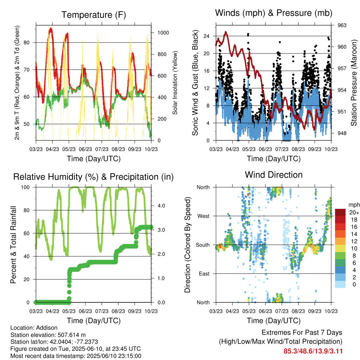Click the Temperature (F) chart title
pyautogui.click(x=94, y=15)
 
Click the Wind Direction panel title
pyautogui.click(x=274, y=175)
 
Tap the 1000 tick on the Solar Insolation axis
pyautogui.click(x=163, y=33)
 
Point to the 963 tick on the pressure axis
pyautogui.click(x=342, y=25)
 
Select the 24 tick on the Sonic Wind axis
pyautogui.click(x=206, y=36)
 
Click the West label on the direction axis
pyautogui.click(x=203, y=216)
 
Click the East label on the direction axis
pyautogui.click(x=204, y=274)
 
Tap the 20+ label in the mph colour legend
pyautogui.click(x=354, y=212)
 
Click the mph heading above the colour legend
pyautogui.click(x=354, y=205)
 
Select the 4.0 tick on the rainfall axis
pyautogui.click(x=161, y=206)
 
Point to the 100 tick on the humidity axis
pyautogui.click(x=25, y=187)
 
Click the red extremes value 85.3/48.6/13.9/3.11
pyautogui.click(x=313, y=351)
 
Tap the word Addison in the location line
pyautogui.click(x=47, y=328)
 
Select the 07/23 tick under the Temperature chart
pyautogui.click(x=102, y=149)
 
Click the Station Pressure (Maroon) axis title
pyautogui.click(x=354, y=83)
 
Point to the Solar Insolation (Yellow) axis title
pyautogui.click(x=175, y=83)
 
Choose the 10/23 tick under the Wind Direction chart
pyautogui.click(x=331, y=311)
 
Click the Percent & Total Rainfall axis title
pyautogui.click(x=13, y=245)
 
